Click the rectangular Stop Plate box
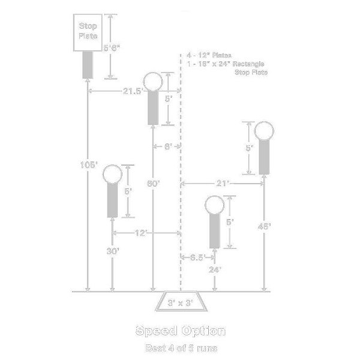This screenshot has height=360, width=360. [89, 32]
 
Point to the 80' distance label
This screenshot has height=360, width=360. [153, 184]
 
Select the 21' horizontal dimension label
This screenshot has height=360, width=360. [223, 183]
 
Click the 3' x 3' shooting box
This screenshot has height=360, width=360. [180, 303]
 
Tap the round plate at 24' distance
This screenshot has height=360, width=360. [214, 205]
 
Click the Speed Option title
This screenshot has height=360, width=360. [180, 331]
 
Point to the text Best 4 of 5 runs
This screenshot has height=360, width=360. [180, 347]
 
